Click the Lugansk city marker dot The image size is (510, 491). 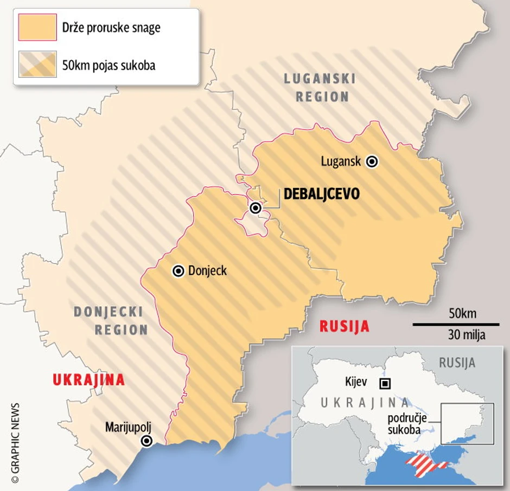click(372, 161)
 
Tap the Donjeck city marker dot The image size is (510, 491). click(178, 271)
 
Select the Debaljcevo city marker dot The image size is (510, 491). click(255, 208)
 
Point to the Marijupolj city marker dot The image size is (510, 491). click(146, 441)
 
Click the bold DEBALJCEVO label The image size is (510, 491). click(322, 194)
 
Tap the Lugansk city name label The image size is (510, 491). click(341, 161)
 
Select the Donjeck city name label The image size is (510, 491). click(207, 271)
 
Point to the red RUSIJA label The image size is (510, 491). click(345, 326)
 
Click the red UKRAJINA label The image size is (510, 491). click(88, 380)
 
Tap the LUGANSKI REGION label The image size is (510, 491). click(320, 88)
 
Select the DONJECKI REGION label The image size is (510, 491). click(111, 320)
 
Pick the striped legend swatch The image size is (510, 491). click(37, 64)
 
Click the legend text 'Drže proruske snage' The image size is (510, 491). click(111, 28)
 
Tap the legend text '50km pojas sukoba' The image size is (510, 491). click(109, 65)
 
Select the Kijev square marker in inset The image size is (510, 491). click(385, 384)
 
